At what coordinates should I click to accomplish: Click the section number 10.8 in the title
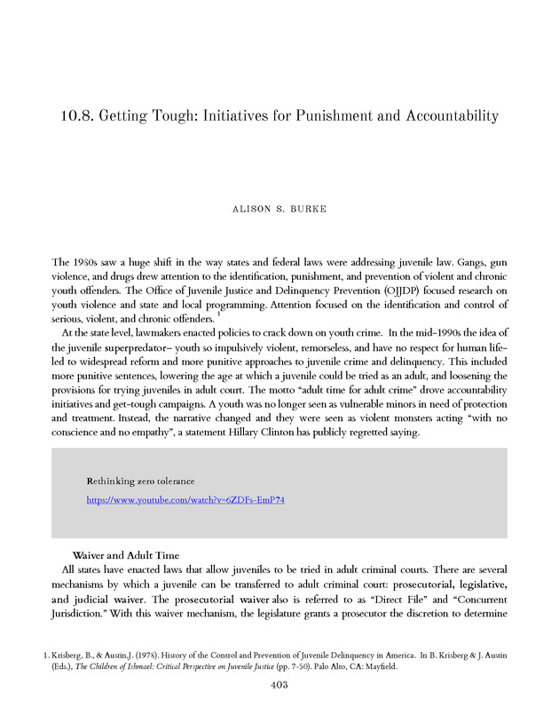click(80, 116)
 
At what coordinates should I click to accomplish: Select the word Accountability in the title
click(445, 116)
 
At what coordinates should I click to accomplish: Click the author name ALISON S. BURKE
click(279, 210)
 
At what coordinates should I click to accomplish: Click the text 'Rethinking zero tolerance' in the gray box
click(140, 481)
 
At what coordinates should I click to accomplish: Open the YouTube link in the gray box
click(185, 500)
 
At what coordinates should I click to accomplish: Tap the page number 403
click(279, 685)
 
